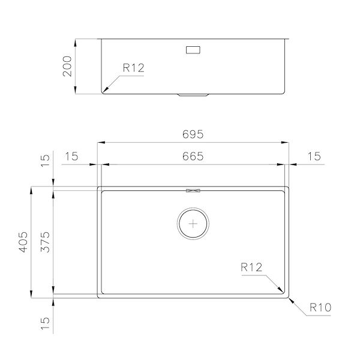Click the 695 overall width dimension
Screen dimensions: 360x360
pos(193,134)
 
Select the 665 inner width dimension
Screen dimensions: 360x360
pos(193,156)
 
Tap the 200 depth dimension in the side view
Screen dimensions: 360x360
pos(67,66)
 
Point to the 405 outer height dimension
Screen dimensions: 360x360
pos(23,242)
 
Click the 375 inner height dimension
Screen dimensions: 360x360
pos(45,242)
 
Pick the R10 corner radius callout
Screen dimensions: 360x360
pos(320,307)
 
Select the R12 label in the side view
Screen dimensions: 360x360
pos(134,68)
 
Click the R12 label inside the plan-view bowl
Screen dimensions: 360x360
pos(251,267)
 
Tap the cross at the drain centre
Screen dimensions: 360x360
pos(193,223)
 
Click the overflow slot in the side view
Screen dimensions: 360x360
pos(193,50)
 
